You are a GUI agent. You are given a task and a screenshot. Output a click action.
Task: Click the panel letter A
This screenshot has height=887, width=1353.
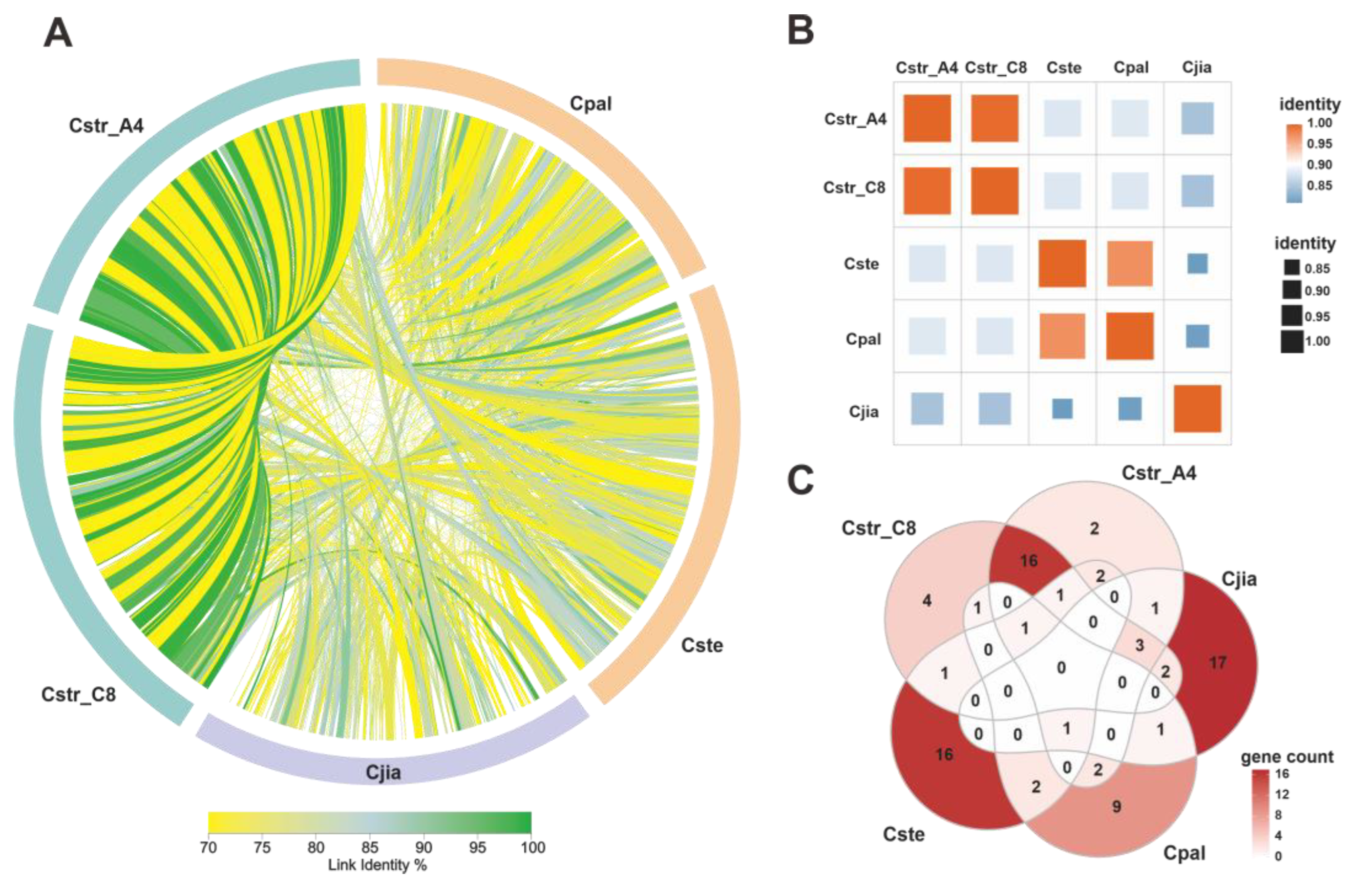tap(58, 33)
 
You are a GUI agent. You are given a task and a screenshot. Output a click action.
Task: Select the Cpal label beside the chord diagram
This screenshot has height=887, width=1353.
tap(590, 103)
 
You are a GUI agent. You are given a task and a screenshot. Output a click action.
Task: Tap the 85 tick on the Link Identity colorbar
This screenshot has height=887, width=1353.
tap(370, 848)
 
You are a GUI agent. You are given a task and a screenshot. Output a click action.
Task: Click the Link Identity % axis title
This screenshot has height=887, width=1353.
tap(377, 865)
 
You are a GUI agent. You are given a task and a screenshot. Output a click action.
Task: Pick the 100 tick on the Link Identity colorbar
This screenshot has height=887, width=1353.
tap(533, 848)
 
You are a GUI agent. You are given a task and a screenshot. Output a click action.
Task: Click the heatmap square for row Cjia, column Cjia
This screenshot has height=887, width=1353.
tap(1197, 408)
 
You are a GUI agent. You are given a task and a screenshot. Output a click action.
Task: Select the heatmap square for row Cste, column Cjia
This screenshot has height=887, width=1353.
tap(1197, 263)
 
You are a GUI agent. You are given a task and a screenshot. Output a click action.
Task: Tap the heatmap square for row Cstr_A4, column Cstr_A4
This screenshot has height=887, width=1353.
tap(927, 118)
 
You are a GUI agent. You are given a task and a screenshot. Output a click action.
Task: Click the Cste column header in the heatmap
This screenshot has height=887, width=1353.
tap(1064, 68)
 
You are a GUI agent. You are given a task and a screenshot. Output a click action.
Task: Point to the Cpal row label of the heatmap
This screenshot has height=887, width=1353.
tap(863, 339)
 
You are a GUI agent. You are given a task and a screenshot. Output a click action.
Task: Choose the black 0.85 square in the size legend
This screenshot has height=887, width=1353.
tap(1292, 267)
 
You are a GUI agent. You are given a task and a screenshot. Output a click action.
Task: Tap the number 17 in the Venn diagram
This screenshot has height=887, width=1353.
tap(1218, 662)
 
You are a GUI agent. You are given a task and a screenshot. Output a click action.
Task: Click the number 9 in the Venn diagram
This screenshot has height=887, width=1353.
tap(1116, 806)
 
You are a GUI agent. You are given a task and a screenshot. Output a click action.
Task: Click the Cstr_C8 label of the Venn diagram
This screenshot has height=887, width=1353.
tap(878, 528)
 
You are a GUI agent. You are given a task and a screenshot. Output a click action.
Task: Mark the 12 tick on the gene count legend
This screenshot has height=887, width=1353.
tap(1282, 794)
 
